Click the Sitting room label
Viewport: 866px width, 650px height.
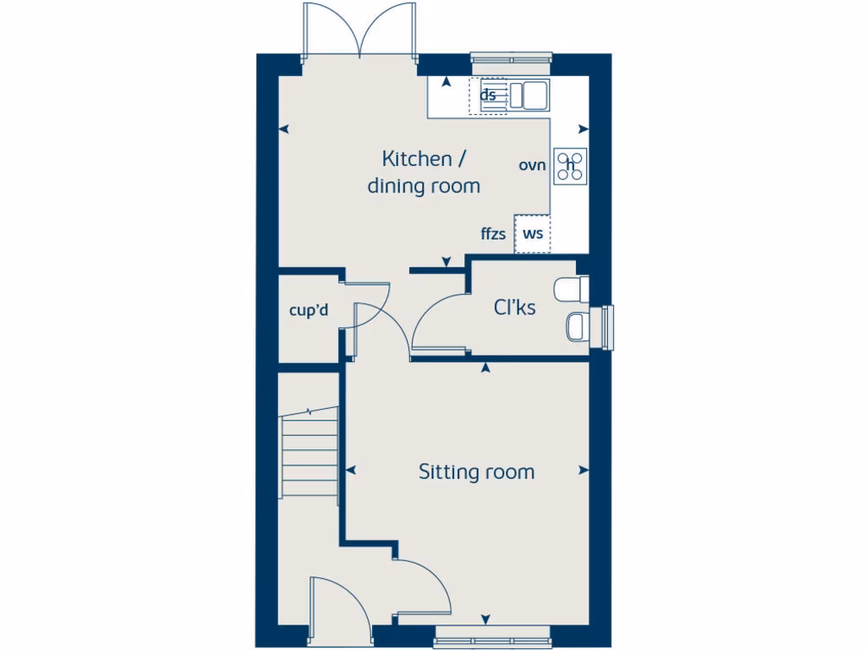click(476, 471)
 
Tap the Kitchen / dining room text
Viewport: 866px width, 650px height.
click(423, 172)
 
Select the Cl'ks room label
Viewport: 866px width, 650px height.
click(514, 308)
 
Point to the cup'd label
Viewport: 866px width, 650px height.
click(308, 311)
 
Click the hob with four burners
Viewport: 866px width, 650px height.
click(570, 166)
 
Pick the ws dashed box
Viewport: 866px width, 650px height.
click(532, 234)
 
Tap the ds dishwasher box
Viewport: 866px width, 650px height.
click(488, 95)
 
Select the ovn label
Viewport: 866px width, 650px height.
click(532, 165)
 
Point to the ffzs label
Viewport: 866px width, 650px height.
click(493, 234)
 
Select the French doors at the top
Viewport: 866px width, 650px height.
click(360, 32)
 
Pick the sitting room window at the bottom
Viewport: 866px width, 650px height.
click(493, 631)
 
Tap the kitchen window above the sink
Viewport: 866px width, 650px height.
click(511, 58)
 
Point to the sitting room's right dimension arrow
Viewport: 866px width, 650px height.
click(583, 471)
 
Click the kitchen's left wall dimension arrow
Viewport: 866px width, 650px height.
click(284, 129)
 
